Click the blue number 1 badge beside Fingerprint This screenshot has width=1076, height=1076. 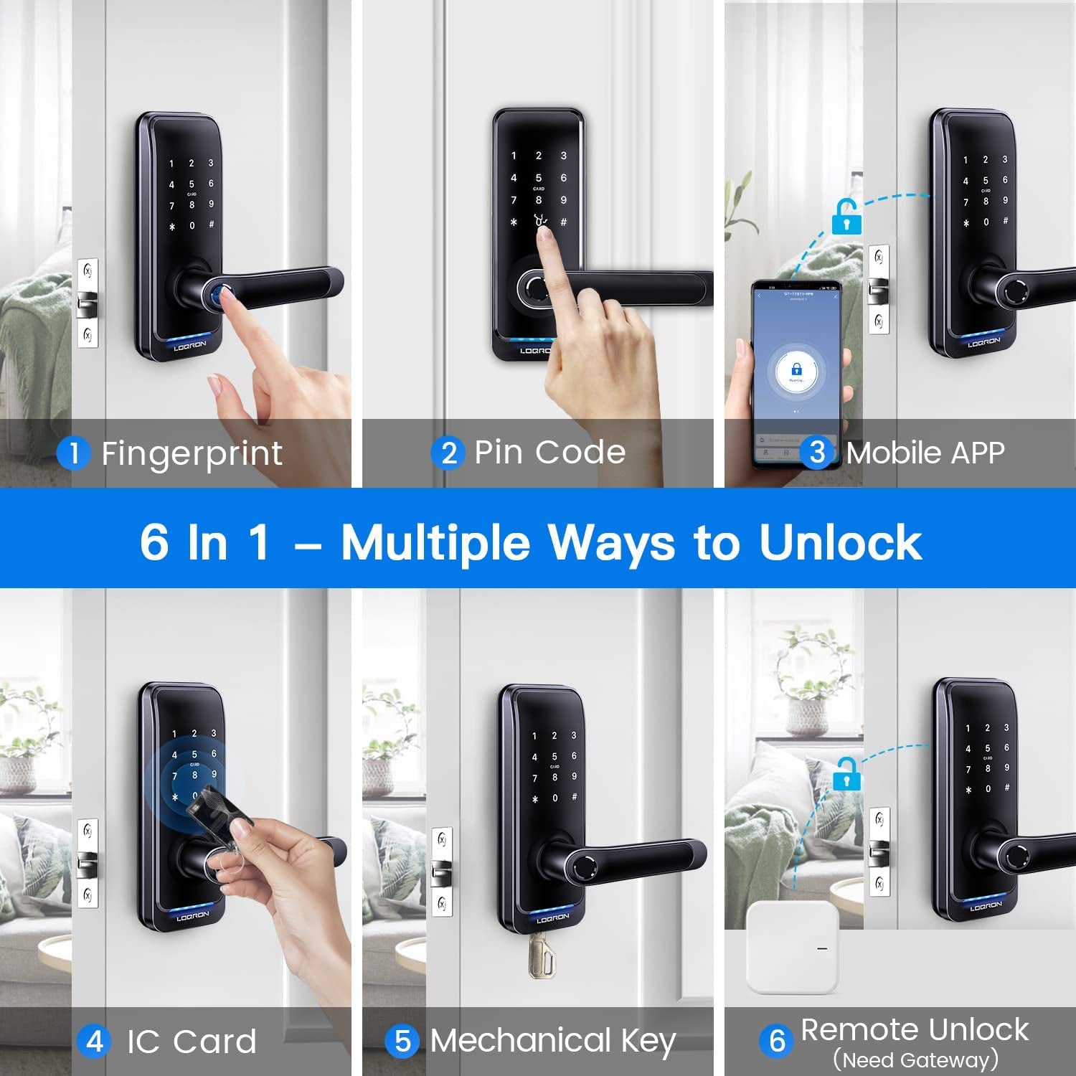[73, 453]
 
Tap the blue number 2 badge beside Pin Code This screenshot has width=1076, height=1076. [448, 453]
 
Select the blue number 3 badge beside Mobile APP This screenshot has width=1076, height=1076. [817, 453]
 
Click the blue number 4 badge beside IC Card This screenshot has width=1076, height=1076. [95, 1042]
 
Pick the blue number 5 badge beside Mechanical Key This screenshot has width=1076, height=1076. [402, 1042]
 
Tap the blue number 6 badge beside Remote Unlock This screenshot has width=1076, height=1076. [777, 1040]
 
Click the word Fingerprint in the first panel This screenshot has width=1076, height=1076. [192, 454]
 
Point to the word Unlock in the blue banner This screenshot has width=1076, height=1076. [840, 542]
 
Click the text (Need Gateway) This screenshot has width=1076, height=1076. [915, 1060]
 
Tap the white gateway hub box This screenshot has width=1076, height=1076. [793, 948]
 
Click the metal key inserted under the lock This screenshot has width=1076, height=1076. [542, 956]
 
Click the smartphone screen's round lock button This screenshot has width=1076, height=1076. [796, 372]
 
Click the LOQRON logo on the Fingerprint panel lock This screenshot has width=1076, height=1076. [190, 345]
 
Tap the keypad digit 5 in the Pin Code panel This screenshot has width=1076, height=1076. [539, 178]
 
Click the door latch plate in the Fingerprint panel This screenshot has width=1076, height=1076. [88, 303]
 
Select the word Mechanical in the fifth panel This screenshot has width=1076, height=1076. [520, 1041]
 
